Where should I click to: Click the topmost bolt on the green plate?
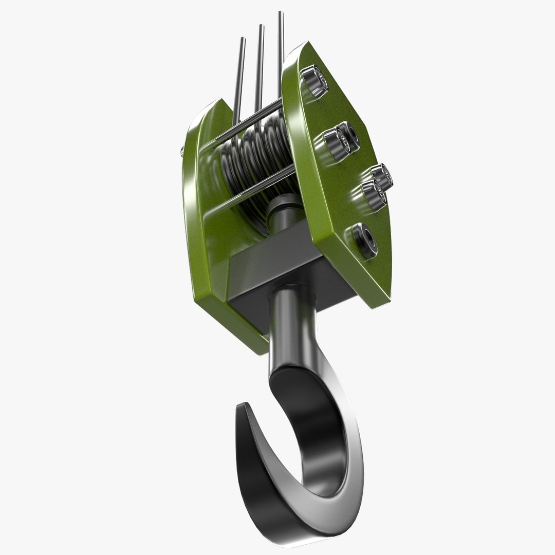(314, 81)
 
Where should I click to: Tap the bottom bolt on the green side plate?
(363, 240)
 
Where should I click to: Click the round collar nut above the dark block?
(282, 209)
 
